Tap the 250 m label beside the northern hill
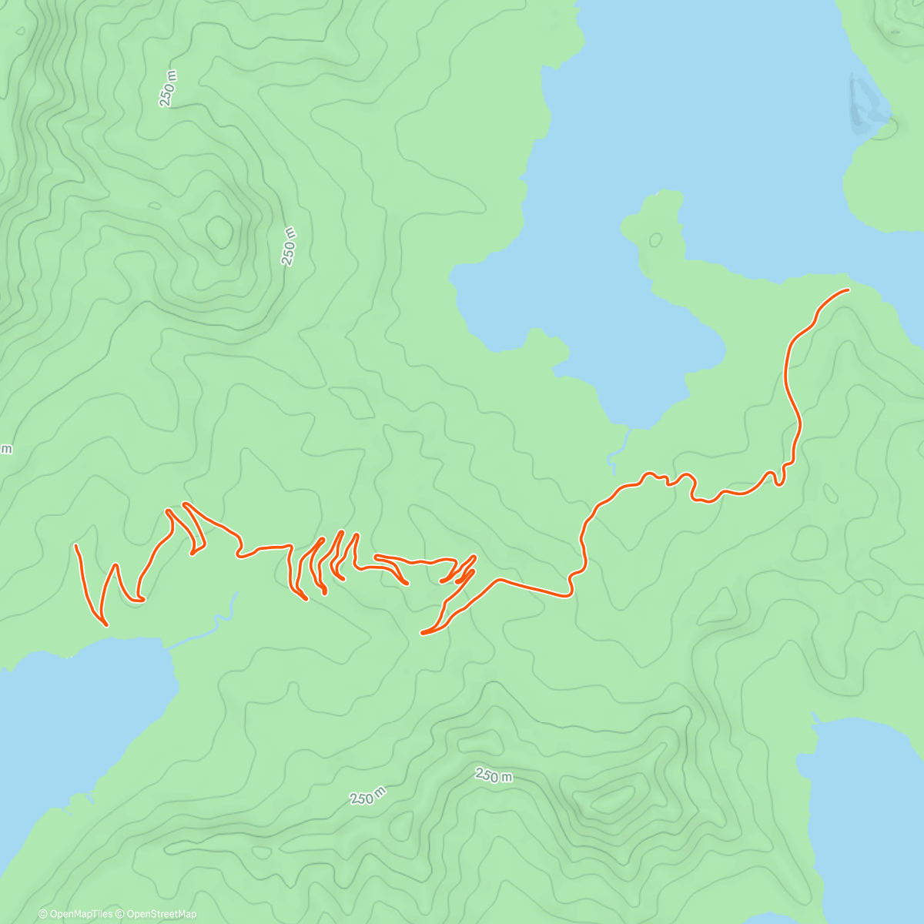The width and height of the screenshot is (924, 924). (x=289, y=246)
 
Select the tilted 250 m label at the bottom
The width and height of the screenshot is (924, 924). (x=368, y=796)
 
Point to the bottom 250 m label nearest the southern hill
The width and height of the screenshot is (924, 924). (x=493, y=775)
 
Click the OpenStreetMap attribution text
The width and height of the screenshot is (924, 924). (x=161, y=914)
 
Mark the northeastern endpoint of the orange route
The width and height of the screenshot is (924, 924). (x=848, y=290)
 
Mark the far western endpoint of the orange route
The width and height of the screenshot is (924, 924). (x=76, y=545)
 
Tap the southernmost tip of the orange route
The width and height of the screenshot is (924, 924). (x=422, y=633)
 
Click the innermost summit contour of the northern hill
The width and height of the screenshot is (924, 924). (x=219, y=230)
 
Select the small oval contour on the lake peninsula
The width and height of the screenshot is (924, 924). (x=655, y=239)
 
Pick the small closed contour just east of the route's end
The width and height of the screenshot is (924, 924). (x=831, y=493)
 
